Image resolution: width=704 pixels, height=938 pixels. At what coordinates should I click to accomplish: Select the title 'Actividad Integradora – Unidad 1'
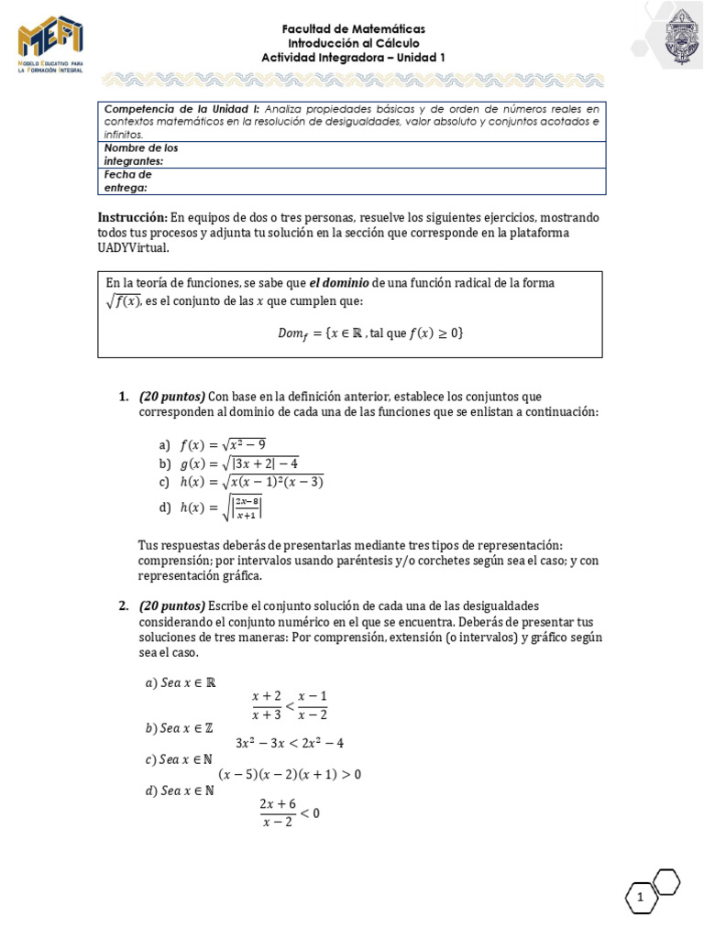353,58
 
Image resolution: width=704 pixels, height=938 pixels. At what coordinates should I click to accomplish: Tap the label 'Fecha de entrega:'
127,180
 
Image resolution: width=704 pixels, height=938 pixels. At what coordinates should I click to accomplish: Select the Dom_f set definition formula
371,333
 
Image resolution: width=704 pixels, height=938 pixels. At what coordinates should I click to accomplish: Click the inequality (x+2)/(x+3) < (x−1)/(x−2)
290,705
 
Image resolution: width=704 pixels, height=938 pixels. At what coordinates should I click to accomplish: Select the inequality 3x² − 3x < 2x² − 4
289,742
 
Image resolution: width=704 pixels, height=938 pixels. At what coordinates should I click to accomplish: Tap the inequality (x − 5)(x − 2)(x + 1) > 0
290,774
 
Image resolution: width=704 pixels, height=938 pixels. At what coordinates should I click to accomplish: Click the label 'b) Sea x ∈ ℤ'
180,728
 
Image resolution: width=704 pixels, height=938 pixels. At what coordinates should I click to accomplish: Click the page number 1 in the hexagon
641,902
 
